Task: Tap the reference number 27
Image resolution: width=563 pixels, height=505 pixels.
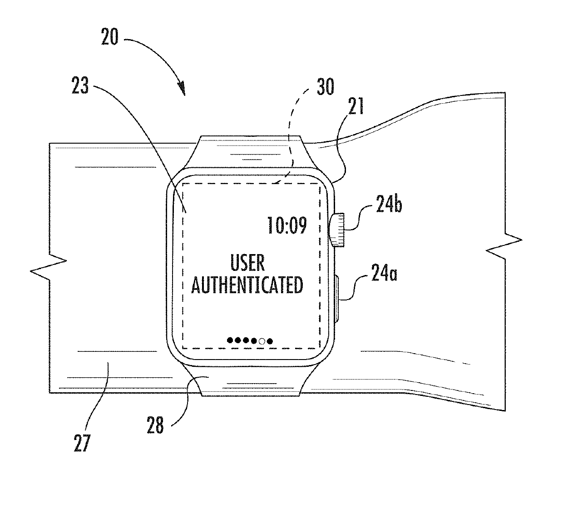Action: pyautogui.click(x=82, y=442)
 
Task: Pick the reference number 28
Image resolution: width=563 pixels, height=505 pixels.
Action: pyautogui.click(x=155, y=426)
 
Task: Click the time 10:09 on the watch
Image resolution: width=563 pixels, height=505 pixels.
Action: pyautogui.click(x=286, y=225)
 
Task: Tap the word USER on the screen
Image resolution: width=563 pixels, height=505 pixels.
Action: pyautogui.click(x=248, y=263)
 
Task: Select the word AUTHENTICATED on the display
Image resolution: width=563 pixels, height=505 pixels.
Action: pyautogui.click(x=247, y=285)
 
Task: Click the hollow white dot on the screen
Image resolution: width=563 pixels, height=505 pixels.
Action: pyautogui.click(x=262, y=341)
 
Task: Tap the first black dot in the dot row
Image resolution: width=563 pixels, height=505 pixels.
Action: pyautogui.click(x=230, y=340)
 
